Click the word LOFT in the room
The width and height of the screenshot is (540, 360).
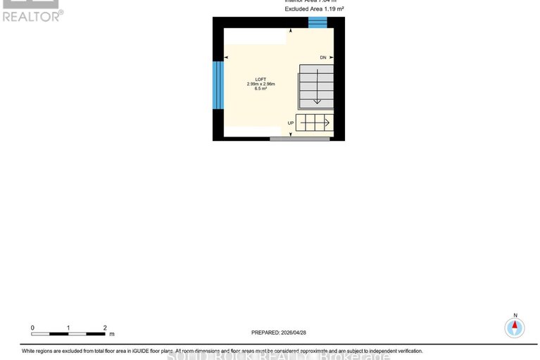tap(251, 79)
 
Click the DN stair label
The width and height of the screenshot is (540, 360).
tap(322, 57)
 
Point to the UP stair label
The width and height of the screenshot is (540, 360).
tap(290, 123)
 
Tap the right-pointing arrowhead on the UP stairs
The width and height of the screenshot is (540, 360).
tap(327, 123)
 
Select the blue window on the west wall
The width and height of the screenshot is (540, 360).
tap(218, 85)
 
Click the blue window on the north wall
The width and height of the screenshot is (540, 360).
tap(318, 23)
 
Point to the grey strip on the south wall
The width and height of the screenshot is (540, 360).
tap(299, 139)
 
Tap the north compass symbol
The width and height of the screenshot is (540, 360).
tap(515, 326)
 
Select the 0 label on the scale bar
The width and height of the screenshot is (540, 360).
tap(32, 328)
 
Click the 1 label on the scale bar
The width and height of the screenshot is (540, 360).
tap(68, 328)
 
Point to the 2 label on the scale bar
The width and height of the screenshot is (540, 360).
tap(104, 328)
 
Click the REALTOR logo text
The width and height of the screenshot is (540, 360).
tap(31, 15)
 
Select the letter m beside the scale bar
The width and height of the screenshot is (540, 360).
tap(111, 334)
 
